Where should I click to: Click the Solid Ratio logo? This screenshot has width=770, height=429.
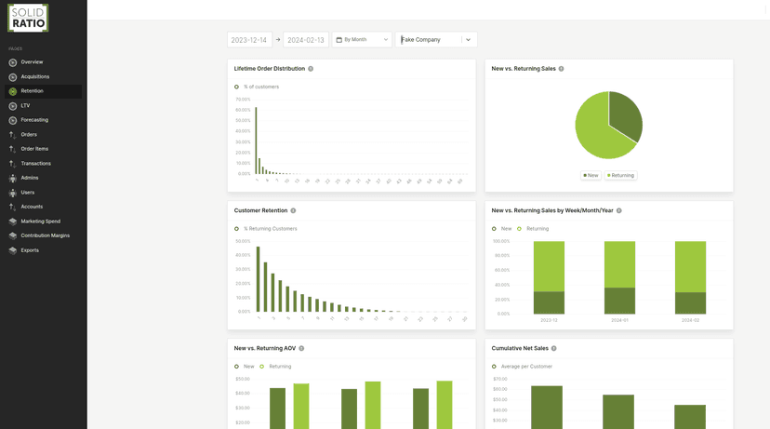click(x=28, y=18)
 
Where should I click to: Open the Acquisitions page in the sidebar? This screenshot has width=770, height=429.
click(x=35, y=77)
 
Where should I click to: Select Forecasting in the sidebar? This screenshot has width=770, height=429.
click(x=34, y=120)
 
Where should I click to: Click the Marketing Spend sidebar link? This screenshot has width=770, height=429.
click(x=40, y=221)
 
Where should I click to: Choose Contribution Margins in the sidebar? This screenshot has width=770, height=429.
click(x=45, y=235)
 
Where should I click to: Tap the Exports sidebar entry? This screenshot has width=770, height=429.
click(x=30, y=250)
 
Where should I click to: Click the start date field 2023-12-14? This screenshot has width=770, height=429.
click(x=249, y=40)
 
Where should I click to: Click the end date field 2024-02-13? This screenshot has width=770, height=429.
click(x=305, y=40)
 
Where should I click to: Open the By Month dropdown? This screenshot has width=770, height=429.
click(x=362, y=40)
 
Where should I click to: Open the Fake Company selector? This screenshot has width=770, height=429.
click(x=436, y=40)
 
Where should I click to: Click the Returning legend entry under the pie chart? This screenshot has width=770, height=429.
click(x=621, y=175)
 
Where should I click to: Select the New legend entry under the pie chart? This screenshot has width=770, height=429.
click(x=591, y=175)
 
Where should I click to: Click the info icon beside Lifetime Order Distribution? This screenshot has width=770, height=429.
click(x=311, y=69)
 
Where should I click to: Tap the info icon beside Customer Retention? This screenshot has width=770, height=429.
click(x=293, y=211)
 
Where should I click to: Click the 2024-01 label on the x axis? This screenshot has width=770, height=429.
click(x=619, y=320)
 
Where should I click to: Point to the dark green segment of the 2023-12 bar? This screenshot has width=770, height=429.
click(x=549, y=302)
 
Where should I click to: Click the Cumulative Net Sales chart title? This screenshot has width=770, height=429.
click(x=519, y=349)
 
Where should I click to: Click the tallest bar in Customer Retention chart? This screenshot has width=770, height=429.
click(x=259, y=279)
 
